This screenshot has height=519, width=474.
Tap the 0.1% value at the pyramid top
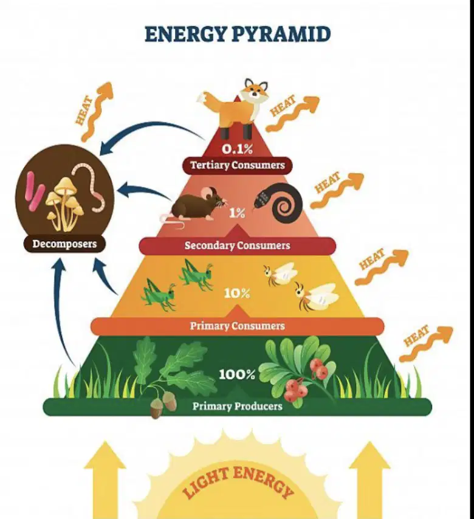point(237,150)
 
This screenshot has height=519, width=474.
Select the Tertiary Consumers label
point(238,165)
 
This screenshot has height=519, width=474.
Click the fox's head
point(254,89)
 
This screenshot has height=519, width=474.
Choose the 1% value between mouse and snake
point(237,213)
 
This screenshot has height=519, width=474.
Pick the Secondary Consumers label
point(238,246)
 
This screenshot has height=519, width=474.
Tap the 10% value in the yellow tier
point(237,294)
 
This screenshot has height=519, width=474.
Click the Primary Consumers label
point(238,326)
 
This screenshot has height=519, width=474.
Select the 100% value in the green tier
point(237,375)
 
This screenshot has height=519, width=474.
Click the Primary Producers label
point(238,406)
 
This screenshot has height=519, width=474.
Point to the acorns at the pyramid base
point(163,405)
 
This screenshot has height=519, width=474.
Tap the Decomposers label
point(64,244)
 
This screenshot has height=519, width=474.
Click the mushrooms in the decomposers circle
point(65,203)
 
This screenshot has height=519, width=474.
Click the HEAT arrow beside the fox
point(291,112)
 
